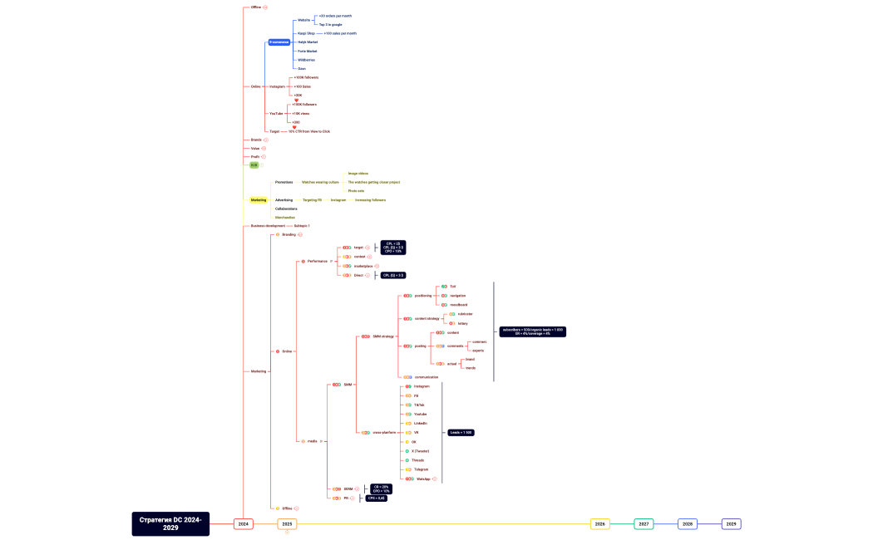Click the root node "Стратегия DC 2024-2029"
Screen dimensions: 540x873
pyautogui.click(x=170, y=523)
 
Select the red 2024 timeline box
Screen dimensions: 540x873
pyautogui.click(x=243, y=524)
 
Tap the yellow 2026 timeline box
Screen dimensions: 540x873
pyautogui.click(x=599, y=524)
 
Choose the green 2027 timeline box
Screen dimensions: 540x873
pyautogui.click(x=644, y=524)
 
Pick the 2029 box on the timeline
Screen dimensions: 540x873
pyautogui.click(x=731, y=524)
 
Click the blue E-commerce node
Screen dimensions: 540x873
pyautogui.click(x=279, y=42)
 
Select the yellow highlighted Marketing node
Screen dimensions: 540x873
pyautogui.click(x=259, y=200)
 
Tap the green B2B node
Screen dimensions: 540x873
pyautogui.click(x=254, y=165)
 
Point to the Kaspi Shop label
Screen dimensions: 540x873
pyautogui.click(x=306, y=33)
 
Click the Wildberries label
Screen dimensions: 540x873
pyautogui.click(x=306, y=60)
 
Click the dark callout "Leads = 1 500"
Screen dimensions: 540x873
pyautogui.click(x=461, y=433)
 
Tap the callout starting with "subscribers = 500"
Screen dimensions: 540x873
pyautogui.click(x=532, y=331)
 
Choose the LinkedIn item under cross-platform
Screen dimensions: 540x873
pyautogui.click(x=420, y=423)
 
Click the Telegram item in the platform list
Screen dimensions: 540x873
pyautogui.click(x=421, y=469)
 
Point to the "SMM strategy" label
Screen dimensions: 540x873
pyautogui.click(x=382, y=336)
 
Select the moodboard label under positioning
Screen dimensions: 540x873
pyautogui.click(x=458, y=305)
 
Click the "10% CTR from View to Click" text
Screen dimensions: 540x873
pyautogui.click(x=308, y=131)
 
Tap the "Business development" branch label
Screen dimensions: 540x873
pyautogui.click(x=268, y=226)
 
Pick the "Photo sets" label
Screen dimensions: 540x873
pyautogui.click(x=356, y=191)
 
